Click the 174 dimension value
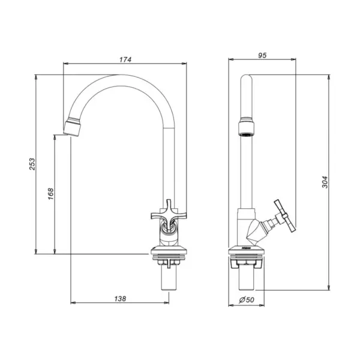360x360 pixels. click(125, 59)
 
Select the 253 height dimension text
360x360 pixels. click(32, 164)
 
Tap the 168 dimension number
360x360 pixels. click(51, 194)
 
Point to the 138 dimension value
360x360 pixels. click(120, 298)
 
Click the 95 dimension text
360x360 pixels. click(262, 55)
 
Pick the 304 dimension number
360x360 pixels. click(325, 182)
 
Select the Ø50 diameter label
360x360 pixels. click(247, 299)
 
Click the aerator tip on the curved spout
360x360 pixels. click(72, 129)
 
